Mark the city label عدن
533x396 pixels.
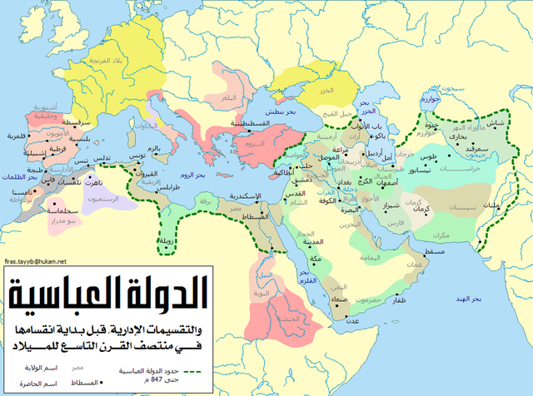(x=352, y=319)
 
